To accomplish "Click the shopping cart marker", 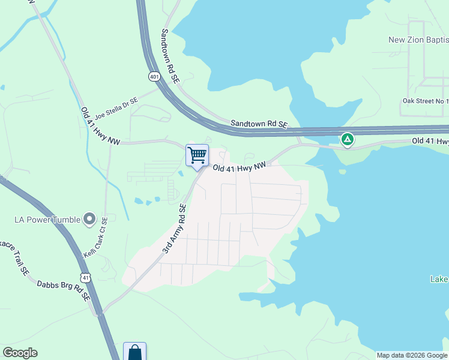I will click(x=197, y=156).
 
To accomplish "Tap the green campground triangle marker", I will click(x=347, y=140).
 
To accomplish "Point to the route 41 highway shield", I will click(x=87, y=278).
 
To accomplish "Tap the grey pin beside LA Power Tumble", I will click(x=90, y=219).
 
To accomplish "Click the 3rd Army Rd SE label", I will click(x=175, y=228).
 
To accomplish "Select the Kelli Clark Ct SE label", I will click(x=95, y=238).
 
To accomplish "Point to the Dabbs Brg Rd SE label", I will click(x=62, y=290).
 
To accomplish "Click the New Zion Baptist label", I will click(x=418, y=40).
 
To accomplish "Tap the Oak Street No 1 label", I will click(x=425, y=101).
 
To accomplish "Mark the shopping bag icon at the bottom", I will click(x=134, y=352).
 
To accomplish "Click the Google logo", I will click(x=20, y=353).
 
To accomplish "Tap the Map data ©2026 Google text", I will click(x=411, y=355).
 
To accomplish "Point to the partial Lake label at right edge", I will click(x=439, y=279).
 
